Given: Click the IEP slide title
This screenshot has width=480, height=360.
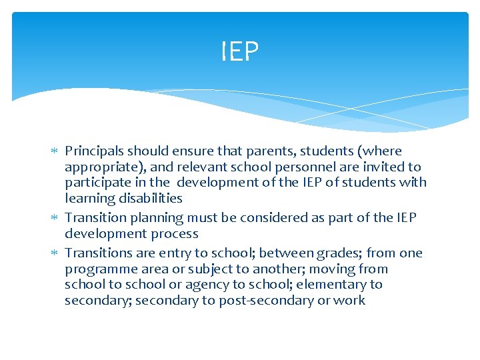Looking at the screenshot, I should [240, 51].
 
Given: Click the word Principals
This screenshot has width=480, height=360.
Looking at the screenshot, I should [94, 151].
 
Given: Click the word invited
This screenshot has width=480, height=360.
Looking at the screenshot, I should [383, 167].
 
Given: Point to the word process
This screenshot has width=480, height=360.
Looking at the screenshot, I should [176, 233].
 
